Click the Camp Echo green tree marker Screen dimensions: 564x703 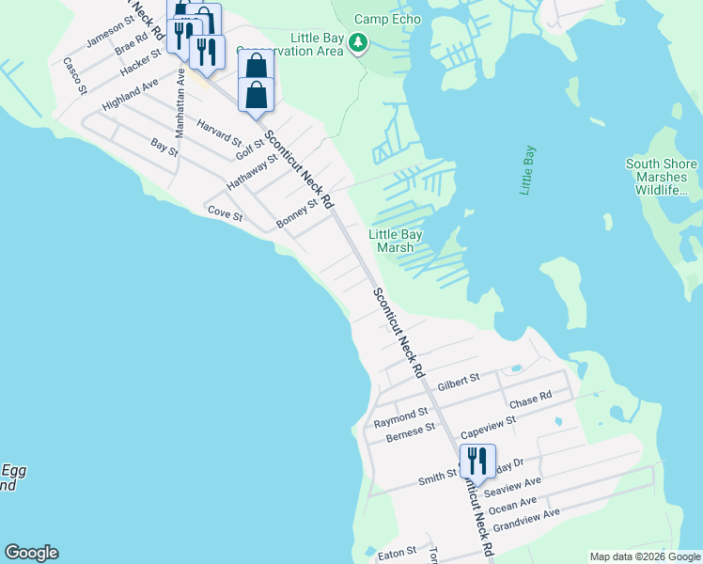click(x=357, y=42)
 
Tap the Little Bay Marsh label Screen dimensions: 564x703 click(x=395, y=241)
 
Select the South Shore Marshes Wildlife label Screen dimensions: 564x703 click(x=662, y=177)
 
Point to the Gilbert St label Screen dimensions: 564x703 click(x=459, y=379)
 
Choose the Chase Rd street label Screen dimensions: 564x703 click(x=530, y=401)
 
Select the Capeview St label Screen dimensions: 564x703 click(x=489, y=427)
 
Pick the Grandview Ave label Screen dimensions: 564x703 click(x=525, y=516)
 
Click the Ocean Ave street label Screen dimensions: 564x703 click(x=515, y=505)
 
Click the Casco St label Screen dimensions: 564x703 click(x=74, y=76)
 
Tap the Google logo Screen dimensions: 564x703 click(x=31, y=553)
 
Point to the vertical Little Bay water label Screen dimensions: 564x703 click(x=528, y=170)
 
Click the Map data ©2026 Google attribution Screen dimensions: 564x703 click(x=646, y=556)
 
